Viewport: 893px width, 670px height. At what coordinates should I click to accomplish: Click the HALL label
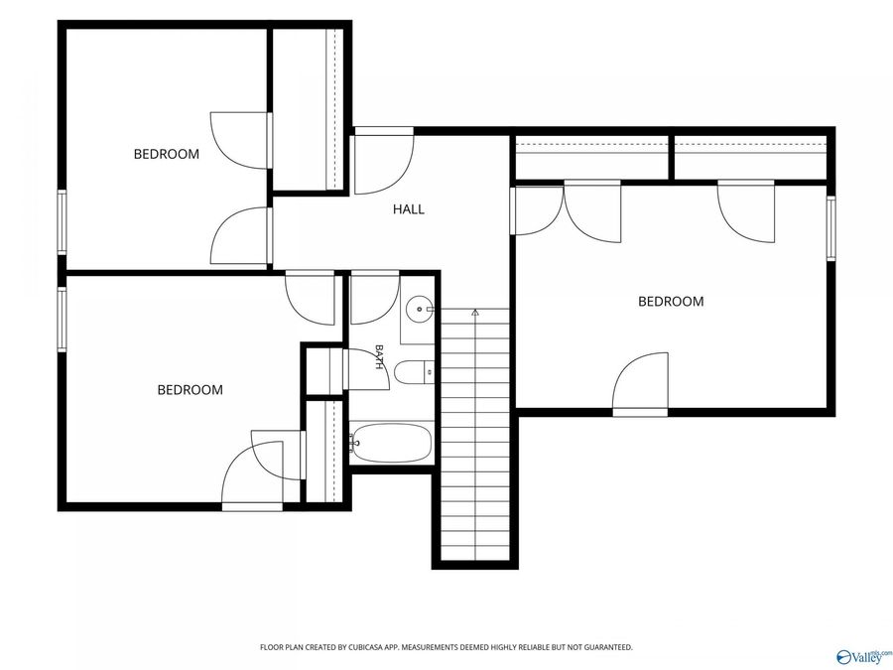[409, 209]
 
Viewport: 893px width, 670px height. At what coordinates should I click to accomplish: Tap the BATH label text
[379, 356]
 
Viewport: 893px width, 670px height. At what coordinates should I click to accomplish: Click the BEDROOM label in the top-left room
[167, 154]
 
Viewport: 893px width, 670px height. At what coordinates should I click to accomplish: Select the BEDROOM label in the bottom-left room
[190, 390]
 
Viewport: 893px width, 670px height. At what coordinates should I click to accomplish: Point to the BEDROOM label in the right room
[671, 302]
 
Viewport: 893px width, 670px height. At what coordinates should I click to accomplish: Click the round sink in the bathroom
[420, 310]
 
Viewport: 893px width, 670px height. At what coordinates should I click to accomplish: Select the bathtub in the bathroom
[391, 443]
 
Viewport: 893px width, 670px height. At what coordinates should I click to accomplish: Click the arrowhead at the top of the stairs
[475, 312]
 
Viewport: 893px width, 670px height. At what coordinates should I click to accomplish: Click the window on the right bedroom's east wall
[830, 228]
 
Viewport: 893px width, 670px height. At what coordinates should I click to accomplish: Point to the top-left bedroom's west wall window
[62, 221]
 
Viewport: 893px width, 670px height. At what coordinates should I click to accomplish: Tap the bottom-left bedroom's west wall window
[62, 319]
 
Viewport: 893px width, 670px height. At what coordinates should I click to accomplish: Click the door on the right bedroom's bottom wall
[640, 384]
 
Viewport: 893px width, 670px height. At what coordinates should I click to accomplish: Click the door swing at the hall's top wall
[384, 161]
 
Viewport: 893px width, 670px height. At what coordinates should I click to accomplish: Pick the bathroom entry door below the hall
[374, 298]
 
